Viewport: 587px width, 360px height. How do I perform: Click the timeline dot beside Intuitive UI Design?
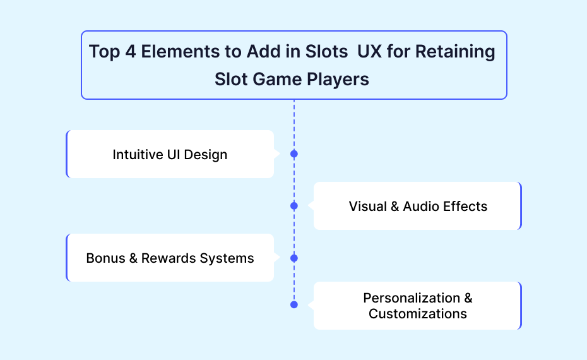294,154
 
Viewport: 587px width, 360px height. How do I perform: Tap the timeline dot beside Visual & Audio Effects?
294,206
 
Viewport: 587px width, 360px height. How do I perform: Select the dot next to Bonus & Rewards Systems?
294,258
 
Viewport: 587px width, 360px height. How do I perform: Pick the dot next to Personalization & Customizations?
294,304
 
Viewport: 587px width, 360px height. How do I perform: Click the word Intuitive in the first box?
138,154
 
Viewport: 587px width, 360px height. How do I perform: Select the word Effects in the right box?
466,207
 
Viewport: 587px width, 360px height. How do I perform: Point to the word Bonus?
105,258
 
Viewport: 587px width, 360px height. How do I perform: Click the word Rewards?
169,258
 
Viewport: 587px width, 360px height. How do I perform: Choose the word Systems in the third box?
227,259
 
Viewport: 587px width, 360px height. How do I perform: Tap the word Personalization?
412,298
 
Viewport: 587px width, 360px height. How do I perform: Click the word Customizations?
418,314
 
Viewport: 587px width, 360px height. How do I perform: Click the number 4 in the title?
131,51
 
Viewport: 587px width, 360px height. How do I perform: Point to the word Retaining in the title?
455,52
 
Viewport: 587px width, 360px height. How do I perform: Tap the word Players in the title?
338,80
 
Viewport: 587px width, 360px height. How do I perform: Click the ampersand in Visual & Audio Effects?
395,207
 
